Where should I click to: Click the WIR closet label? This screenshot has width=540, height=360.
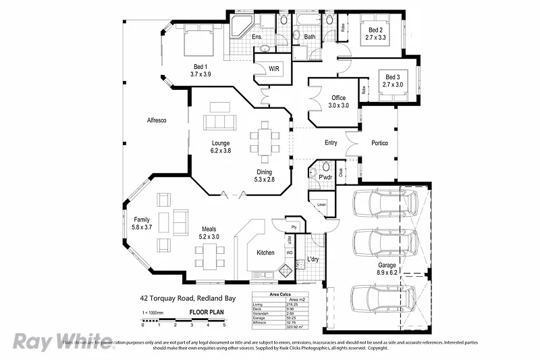point(274,69)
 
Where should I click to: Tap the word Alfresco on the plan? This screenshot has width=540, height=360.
point(157,120)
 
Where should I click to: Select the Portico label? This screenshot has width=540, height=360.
point(379,143)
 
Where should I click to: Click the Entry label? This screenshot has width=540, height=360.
point(331,143)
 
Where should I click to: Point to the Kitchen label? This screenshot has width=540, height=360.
point(265,253)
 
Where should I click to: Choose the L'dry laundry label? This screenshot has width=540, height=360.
point(313,259)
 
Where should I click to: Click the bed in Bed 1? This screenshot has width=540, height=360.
point(198,42)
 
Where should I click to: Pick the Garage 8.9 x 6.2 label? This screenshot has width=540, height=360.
point(387,269)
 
